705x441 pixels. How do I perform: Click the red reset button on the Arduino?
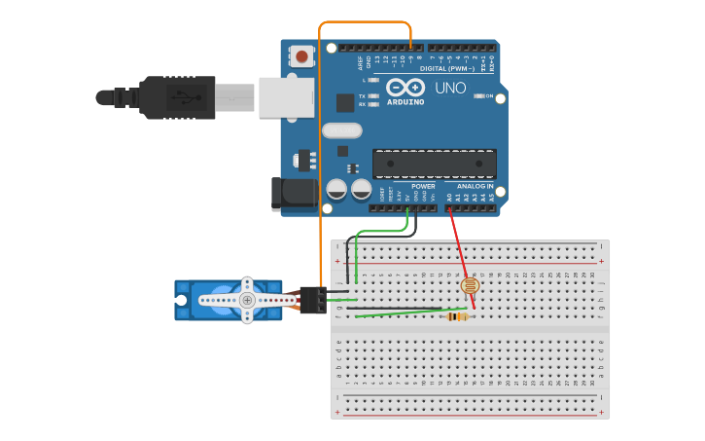pyautogui.click(x=301, y=56)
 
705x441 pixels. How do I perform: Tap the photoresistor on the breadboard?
pyautogui.click(x=470, y=286)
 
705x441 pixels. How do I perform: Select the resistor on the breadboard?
pyautogui.click(x=457, y=316)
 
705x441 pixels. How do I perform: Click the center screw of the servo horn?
pyautogui.click(x=247, y=300)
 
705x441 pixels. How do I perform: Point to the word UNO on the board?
pyautogui.click(x=449, y=88)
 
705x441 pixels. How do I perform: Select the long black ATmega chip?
pyautogui.click(x=434, y=164)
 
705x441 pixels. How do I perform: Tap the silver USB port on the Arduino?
pyautogui.click(x=286, y=97)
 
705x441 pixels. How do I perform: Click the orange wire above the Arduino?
pyautogui.click(x=365, y=21)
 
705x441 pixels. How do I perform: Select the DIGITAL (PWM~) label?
pyautogui.click(x=446, y=68)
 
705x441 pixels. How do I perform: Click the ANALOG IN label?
pyautogui.click(x=475, y=185)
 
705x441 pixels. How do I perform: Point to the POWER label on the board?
pyautogui.click(x=423, y=185)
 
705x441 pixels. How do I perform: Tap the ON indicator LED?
pyautogui.click(x=478, y=95)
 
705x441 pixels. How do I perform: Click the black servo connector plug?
pyautogui.click(x=312, y=300)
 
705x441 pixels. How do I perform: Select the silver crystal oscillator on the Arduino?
pyautogui.click(x=340, y=130)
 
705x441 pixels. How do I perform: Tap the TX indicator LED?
pyautogui.click(x=373, y=95)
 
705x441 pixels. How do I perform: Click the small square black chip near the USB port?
pyautogui.click(x=345, y=102)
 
